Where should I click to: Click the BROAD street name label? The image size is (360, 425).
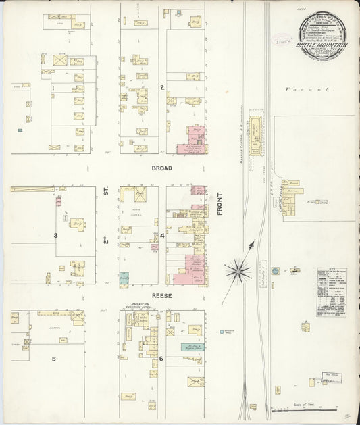point(162,168)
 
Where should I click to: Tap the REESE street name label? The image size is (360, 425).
point(162,296)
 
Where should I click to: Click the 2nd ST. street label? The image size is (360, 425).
point(106,234)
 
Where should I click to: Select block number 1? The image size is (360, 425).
point(52,88)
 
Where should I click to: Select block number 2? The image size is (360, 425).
point(162,87)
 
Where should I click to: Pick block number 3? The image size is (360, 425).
point(55,235)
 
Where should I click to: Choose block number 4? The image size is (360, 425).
point(162,236)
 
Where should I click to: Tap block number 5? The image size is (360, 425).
point(53,359)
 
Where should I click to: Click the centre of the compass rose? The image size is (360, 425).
point(238,272)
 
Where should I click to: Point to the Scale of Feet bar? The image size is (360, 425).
point(304,409)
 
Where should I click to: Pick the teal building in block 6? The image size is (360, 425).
point(176,347)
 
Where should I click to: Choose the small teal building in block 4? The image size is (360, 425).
point(124,276)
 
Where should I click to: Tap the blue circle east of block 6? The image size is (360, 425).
point(222,332)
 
